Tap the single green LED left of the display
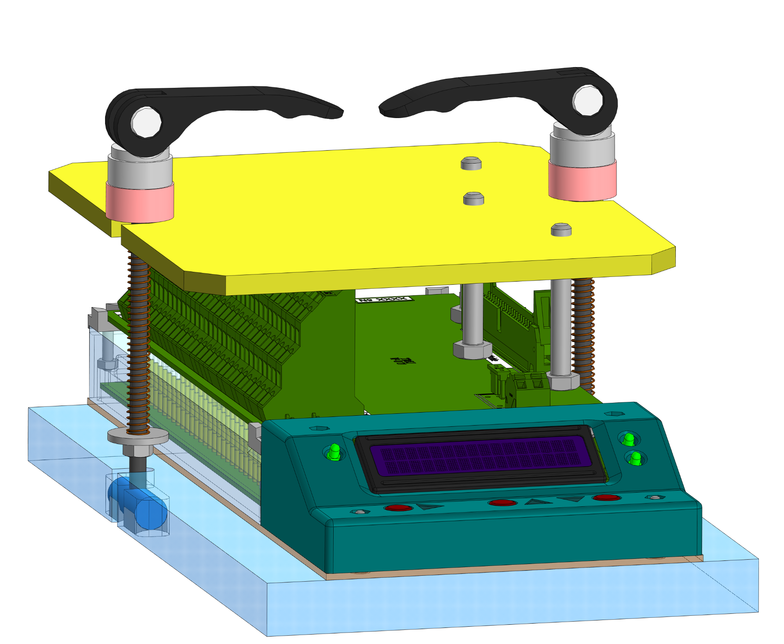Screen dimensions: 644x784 (334, 451)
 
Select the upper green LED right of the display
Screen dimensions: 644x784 (629, 439)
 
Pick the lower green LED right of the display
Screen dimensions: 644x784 (635, 458)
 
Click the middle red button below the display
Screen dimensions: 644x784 (502, 503)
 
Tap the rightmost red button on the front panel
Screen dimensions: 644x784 (606, 498)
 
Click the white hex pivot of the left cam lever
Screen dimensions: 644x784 (146, 122)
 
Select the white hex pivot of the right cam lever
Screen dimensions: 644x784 (588, 100)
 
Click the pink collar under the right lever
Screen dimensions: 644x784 (582, 181)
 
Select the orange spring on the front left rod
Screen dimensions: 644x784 (138, 345)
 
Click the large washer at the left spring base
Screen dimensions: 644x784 (138, 436)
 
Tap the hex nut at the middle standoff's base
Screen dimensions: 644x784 (472, 349)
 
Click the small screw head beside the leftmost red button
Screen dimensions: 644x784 (360, 511)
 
